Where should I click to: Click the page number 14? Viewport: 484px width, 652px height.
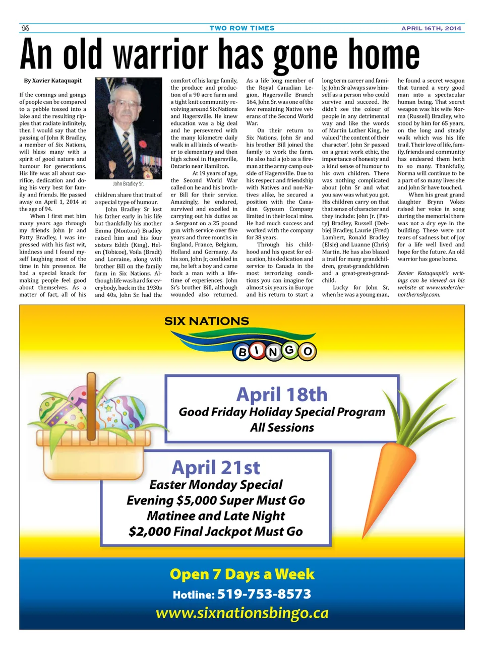tap(25, 28)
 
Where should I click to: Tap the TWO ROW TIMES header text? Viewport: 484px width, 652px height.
tap(242, 28)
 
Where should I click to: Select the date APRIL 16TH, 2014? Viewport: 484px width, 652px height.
tap(431, 28)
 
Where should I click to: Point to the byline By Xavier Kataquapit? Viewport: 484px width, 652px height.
tap(52, 81)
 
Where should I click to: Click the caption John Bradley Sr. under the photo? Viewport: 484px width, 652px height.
tap(128, 184)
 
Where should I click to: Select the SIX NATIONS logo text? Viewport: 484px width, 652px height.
tap(207, 321)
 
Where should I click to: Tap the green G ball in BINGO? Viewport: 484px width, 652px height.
tap(289, 349)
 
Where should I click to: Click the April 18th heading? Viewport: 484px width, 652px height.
tap(282, 394)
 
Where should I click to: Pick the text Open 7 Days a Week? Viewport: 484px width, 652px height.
tap(242, 574)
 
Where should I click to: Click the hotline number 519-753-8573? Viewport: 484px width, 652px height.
tap(264, 594)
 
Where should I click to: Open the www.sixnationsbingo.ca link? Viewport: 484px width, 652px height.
tap(242, 613)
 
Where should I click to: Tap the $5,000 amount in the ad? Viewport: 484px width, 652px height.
tap(198, 500)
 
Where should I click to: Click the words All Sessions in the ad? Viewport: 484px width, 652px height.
tap(282, 427)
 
